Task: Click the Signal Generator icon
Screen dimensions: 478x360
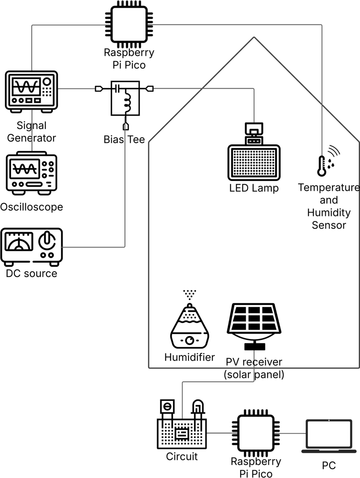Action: click(31, 92)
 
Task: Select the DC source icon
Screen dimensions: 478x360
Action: click(31, 246)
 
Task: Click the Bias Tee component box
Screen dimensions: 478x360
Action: click(125, 98)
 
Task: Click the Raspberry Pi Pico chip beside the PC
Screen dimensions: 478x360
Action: click(255, 433)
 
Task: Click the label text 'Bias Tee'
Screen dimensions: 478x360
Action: click(124, 139)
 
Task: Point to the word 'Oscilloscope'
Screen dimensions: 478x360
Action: click(32, 207)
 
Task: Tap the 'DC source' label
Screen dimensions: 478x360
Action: click(32, 274)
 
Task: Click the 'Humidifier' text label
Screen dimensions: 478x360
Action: click(190, 357)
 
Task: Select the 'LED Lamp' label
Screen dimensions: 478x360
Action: click(254, 188)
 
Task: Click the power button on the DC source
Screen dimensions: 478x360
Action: click(47, 241)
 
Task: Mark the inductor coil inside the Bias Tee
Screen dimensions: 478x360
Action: click(128, 102)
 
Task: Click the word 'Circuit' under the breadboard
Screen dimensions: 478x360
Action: click(181, 456)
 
